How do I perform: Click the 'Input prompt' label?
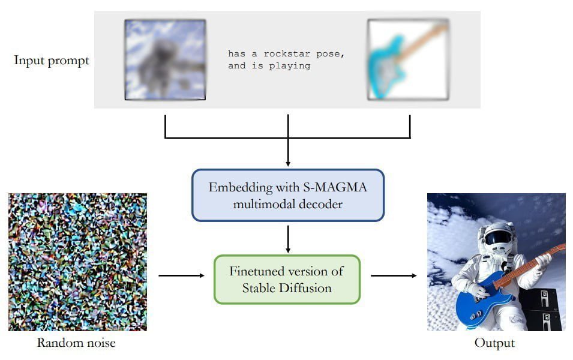tap(52, 61)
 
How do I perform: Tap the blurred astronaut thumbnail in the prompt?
tap(165, 60)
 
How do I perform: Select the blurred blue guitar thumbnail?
tap(408, 59)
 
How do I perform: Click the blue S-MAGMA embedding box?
tap(287, 195)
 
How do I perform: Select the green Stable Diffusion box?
tap(287, 279)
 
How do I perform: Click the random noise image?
tap(77, 262)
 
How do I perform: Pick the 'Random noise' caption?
tap(76, 343)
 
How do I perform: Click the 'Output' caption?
tap(494, 343)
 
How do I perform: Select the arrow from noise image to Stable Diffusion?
tap(181, 276)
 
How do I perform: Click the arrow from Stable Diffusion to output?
tap(394, 276)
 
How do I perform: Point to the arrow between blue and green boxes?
tap(288, 238)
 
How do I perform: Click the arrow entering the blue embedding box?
tap(288, 153)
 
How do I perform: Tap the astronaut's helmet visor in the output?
tap(498, 238)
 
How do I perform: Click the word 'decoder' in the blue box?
tap(319, 204)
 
